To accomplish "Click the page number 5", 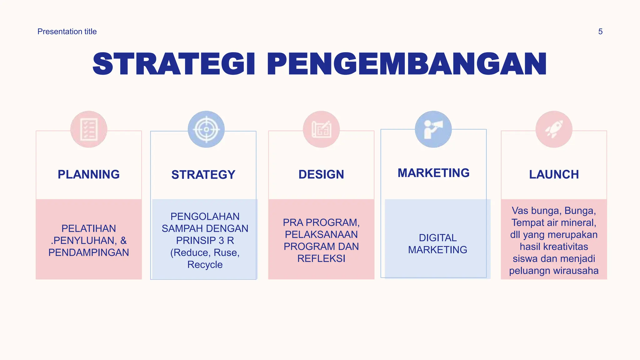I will point(600,32).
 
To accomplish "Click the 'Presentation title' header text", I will point(67,32).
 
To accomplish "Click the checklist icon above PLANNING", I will point(89,129).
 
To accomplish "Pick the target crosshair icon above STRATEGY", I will point(206,129).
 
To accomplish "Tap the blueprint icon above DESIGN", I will point(321,129).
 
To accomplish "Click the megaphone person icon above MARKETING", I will point(433,129).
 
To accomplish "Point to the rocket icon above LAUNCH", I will point(554,129).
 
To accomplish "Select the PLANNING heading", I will point(89,174).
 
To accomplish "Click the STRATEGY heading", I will point(203,175).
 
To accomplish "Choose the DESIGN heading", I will point(321,174).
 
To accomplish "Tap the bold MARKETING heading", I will point(433,173).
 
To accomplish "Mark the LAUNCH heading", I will point(554,174).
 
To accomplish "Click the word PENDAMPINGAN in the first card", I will point(89,252).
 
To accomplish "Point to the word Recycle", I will point(205,265).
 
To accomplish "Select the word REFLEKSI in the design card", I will point(321,258).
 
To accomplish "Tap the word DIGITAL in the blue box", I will point(437,238).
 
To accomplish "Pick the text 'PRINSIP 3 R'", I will point(205,241).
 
